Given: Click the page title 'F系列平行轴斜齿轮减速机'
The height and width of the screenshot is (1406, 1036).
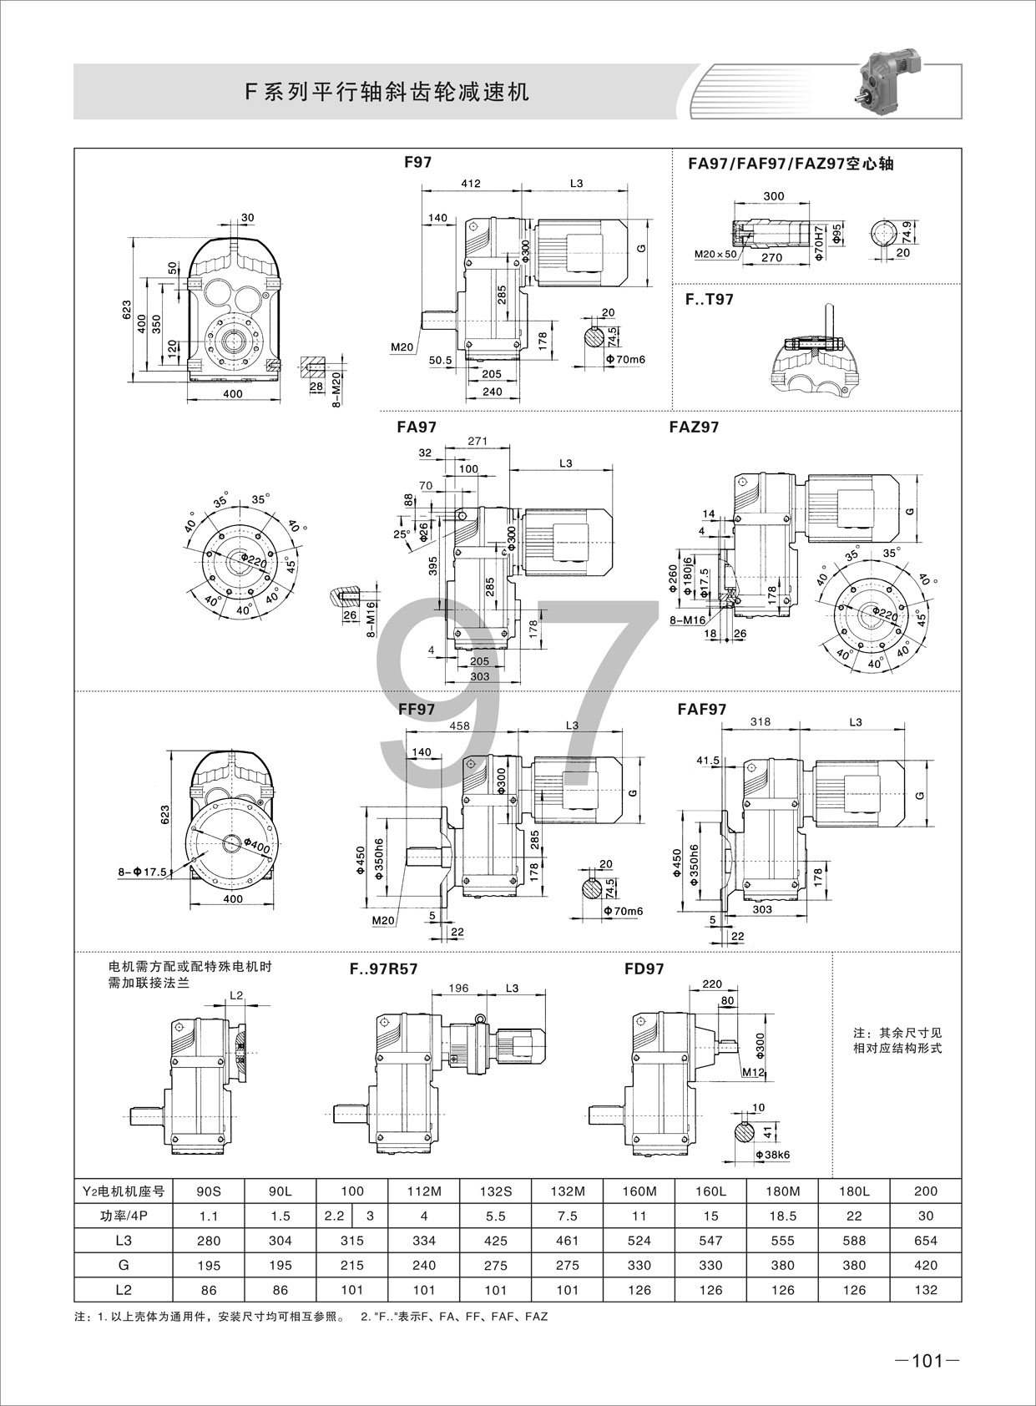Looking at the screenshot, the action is (x=387, y=93).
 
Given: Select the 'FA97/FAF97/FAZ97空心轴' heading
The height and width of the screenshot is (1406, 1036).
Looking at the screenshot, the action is (x=791, y=164).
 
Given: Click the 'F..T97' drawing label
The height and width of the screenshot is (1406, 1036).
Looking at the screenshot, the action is (x=709, y=300).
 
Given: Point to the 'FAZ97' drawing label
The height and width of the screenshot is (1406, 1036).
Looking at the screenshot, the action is (x=694, y=427).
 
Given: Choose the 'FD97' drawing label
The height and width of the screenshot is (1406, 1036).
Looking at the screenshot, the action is (x=644, y=969).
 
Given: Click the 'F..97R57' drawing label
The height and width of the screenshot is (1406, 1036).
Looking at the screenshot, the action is (x=383, y=969).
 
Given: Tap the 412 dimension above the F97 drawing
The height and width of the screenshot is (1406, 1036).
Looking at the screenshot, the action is (x=471, y=184).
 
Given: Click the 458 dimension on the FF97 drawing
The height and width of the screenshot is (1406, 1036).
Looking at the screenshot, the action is (x=459, y=726).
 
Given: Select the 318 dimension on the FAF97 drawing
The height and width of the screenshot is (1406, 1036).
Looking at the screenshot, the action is (x=760, y=722).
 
